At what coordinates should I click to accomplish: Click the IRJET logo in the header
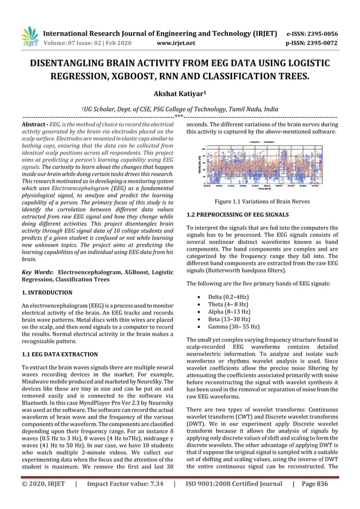click(x=29, y=36)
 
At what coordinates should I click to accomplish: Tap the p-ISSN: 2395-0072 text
click(x=311, y=42)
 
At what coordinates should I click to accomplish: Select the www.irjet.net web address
click(x=177, y=42)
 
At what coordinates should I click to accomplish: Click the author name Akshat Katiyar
click(x=179, y=94)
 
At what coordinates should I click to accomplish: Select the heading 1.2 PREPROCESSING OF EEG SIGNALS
click(x=238, y=215)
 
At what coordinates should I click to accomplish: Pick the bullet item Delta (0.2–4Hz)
click(x=230, y=296)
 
